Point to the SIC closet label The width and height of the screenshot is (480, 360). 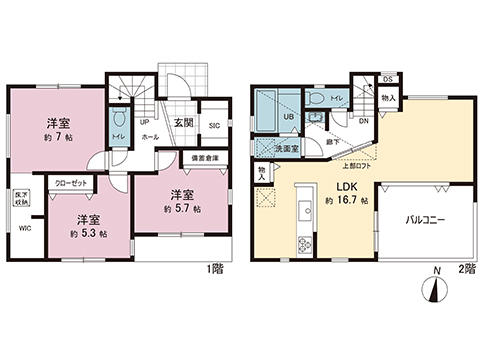(214, 125)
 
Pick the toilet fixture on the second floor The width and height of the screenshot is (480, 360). (317, 99)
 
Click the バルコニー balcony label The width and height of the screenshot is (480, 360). (425, 219)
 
